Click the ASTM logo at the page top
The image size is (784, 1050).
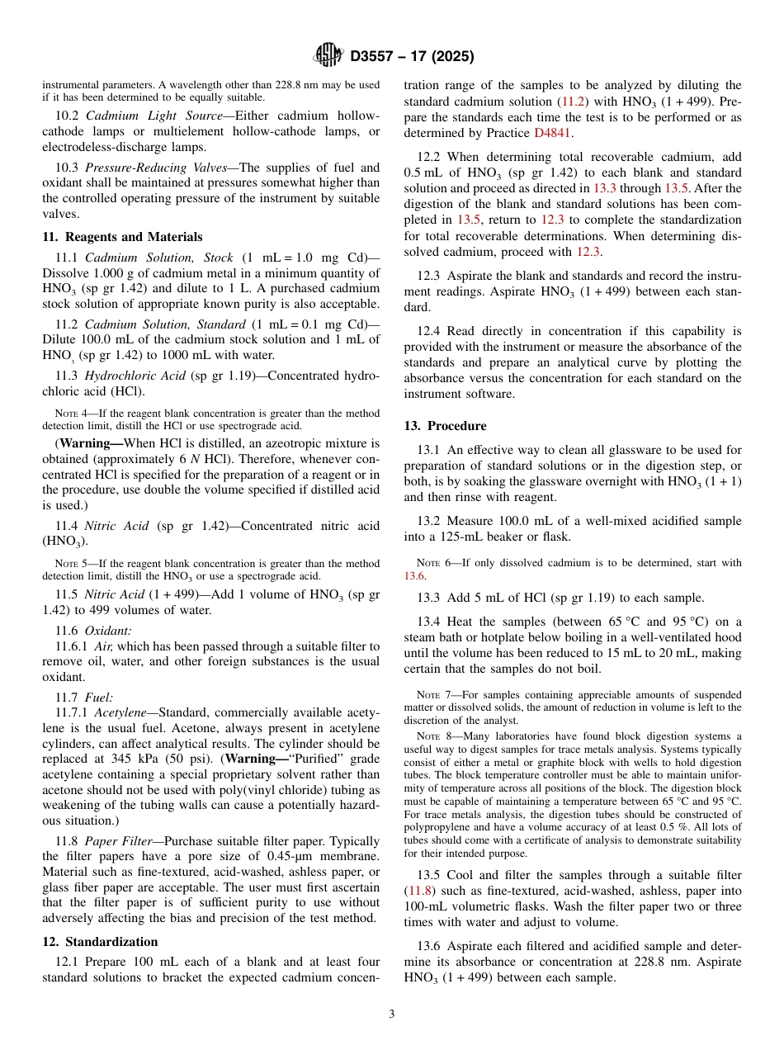[328, 56]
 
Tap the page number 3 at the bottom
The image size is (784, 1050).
[392, 1014]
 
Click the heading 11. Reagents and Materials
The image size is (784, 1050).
[122, 237]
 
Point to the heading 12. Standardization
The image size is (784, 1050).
[100, 942]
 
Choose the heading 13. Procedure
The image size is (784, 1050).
[445, 426]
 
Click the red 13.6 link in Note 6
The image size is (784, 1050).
[414, 575]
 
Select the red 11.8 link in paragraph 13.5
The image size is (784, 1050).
[415, 892]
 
